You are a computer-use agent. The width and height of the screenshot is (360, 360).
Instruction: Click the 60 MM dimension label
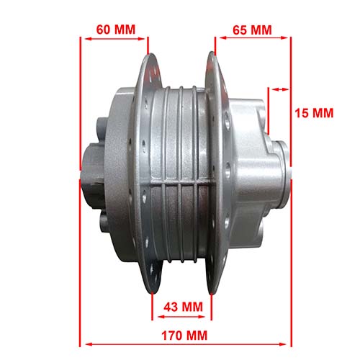(x=115, y=30)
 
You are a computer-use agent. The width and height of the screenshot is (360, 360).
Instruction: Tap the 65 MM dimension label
(x=253, y=30)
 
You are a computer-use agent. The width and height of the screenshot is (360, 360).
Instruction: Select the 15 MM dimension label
(x=315, y=113)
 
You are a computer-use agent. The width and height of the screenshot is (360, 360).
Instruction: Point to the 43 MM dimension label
(x=182, y=306)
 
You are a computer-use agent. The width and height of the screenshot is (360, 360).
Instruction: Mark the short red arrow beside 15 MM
(x=279, y=89)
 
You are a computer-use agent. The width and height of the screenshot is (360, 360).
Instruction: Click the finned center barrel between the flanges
(x=182, y=173)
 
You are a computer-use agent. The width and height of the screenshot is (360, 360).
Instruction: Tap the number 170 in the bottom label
(x=172, y=336)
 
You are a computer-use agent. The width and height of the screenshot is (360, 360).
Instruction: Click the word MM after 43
(x=192, y=306)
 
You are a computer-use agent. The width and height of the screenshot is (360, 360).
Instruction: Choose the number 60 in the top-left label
(x=104, y=30)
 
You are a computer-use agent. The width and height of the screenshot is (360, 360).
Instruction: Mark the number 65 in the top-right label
(x=241, y=30)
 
